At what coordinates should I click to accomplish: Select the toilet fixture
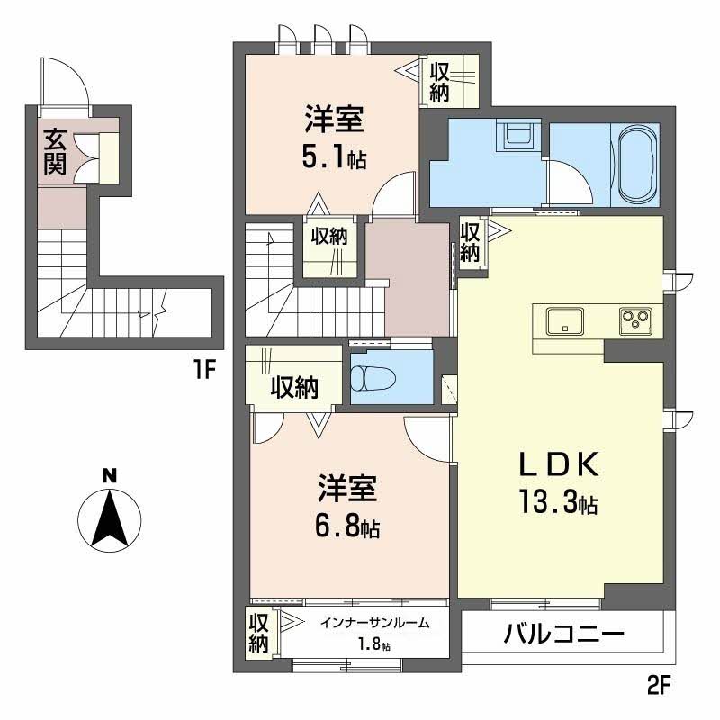pos(373,378)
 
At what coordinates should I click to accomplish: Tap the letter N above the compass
pos(109,475)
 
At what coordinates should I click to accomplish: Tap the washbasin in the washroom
pos(518,136)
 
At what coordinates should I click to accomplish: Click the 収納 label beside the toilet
pos(294,388)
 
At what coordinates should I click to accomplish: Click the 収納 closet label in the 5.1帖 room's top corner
pos(440,81)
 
